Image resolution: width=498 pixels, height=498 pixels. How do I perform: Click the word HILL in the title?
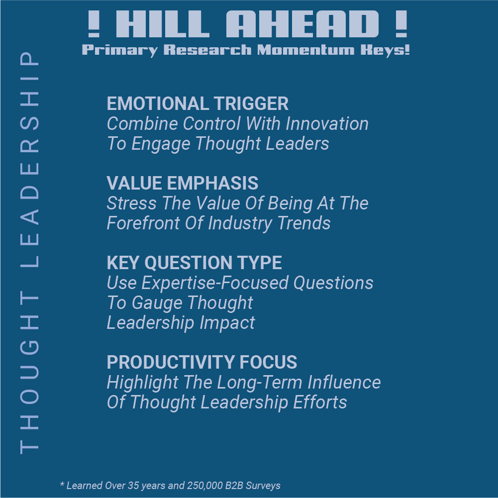[x=163, y=24]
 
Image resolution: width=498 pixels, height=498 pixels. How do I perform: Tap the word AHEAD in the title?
[x=302, y=24]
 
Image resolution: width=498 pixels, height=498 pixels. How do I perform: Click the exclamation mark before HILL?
[x=94, y=24]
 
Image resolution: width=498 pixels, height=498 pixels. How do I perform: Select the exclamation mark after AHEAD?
[x=401, y=24]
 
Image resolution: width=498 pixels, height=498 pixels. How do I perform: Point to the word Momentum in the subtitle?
[x=305, y=50]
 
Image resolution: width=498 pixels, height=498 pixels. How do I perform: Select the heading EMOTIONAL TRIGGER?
[x=198, y=103]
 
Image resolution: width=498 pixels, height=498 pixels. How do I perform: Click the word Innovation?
[x=327, y=123]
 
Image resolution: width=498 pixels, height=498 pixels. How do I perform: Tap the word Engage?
[x=161, y=144]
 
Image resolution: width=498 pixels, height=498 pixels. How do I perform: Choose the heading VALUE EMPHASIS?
[x=182, y=183]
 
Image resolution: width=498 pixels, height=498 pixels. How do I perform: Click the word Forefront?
[x=143, y=223]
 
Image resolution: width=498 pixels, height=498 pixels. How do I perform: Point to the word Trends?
[x=304, y=223]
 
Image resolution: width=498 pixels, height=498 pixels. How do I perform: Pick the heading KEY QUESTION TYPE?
[x=194, y=263]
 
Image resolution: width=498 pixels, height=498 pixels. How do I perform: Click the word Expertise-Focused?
[x=215, y=283]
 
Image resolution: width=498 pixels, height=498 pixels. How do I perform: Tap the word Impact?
[x=227, y=323]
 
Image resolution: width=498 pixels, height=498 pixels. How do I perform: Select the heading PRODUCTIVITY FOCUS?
[x=201, y=362]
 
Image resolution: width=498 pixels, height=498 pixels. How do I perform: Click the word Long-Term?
[x=259, y=383]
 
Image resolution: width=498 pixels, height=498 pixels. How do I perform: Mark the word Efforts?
[x=320, y=402]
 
